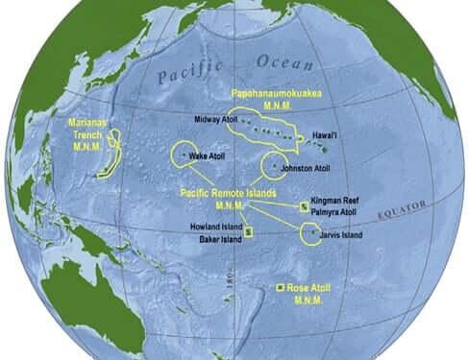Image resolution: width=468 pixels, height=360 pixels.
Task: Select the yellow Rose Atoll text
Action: coord(314,287)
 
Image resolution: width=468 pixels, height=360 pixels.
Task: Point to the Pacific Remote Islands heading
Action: coord(230,193)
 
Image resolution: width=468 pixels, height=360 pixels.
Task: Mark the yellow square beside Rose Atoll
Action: coord(280,288)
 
